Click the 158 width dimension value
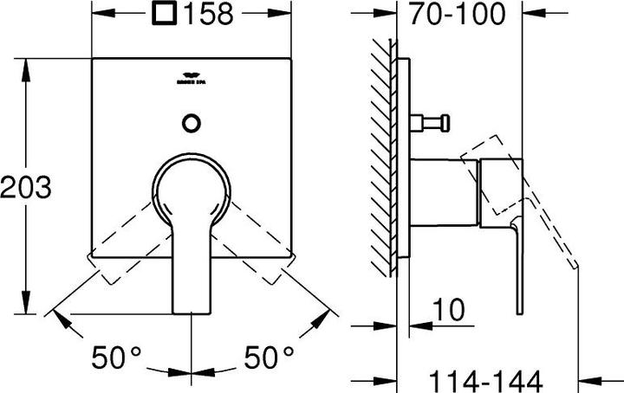207,15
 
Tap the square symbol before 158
162,15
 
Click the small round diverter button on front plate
192,123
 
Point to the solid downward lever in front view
192,268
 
